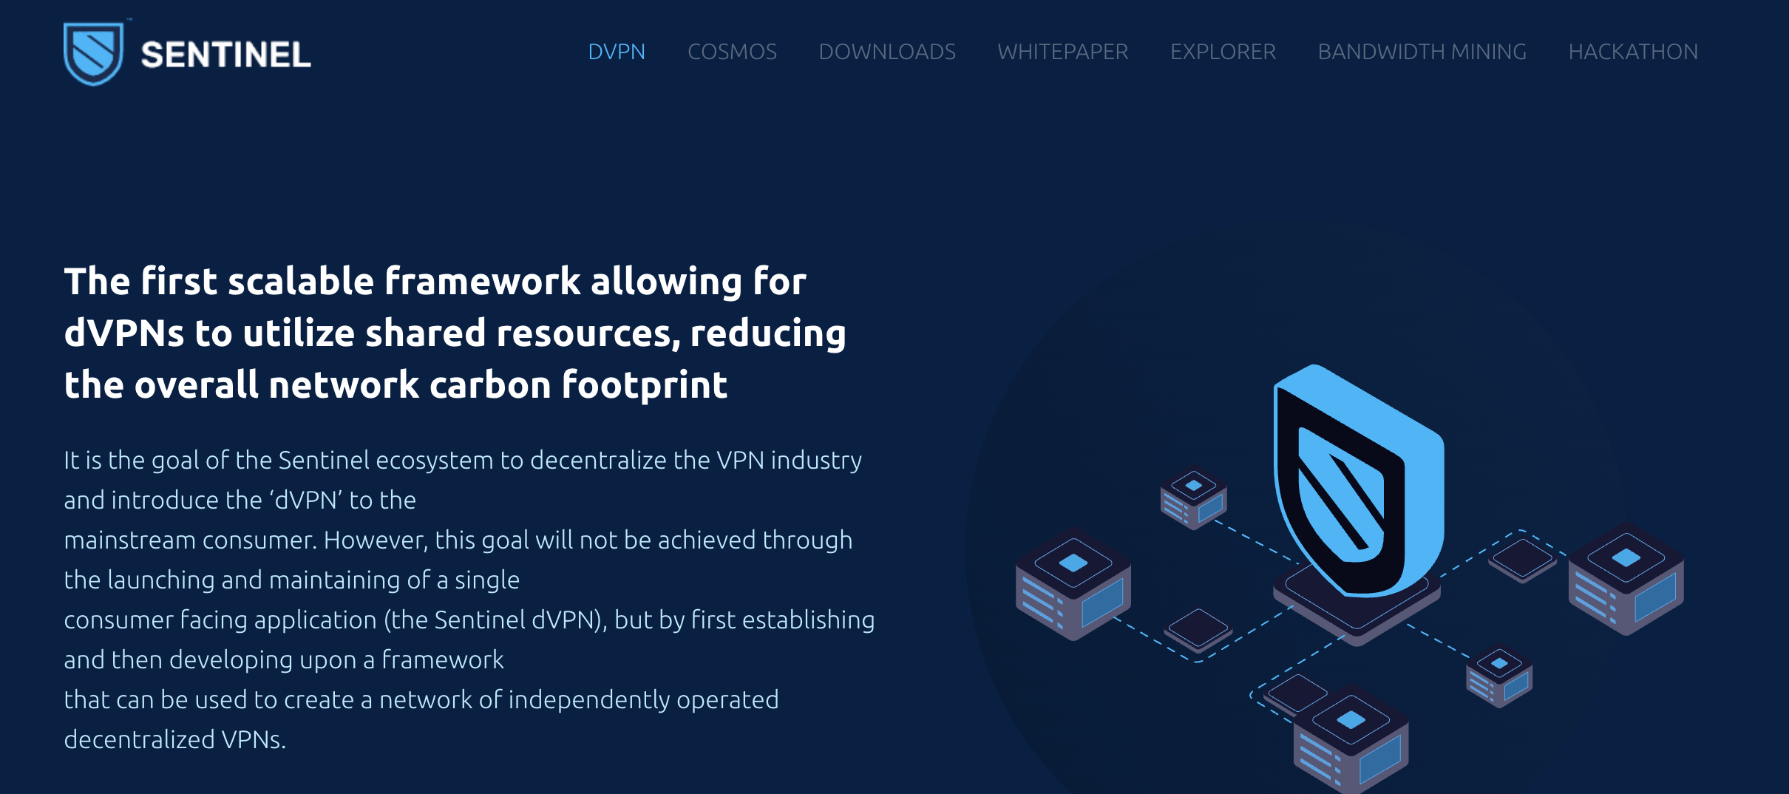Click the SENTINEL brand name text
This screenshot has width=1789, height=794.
tap(225, 55)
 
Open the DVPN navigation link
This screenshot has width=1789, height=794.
tap(617, 52)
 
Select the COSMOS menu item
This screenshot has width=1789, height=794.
tap(732, 52)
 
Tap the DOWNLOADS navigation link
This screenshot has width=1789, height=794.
tap(887, 52)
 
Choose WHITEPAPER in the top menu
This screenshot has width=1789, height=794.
tap(1062, 52)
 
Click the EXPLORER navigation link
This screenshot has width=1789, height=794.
tap(1223, 52)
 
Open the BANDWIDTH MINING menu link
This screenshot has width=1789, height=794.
tap(1422, 52)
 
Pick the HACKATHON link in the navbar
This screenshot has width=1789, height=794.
tap(1633, 52)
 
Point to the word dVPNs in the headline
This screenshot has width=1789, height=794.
tap(123, 333)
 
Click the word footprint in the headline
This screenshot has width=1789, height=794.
tap(645, 385)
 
